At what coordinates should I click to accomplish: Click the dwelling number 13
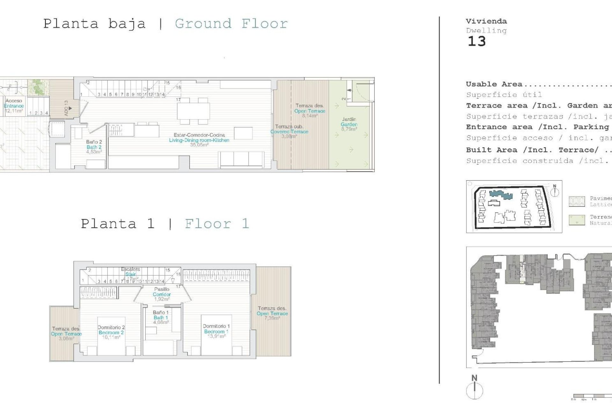477,41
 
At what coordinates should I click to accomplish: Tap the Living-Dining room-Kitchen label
199,140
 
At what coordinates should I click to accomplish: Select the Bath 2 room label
94,147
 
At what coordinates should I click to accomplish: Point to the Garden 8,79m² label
349,124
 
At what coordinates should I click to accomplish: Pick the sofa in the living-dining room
242,159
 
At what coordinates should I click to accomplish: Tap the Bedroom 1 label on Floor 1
216,331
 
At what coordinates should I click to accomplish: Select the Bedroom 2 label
111,332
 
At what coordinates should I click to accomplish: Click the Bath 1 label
161,317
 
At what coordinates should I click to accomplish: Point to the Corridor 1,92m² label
162,294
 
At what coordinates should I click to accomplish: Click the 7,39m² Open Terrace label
272,313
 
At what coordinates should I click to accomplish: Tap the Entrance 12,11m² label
14,106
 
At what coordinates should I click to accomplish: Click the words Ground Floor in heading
231,24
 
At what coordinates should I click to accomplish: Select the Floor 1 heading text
217,224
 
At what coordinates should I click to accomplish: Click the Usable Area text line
494,84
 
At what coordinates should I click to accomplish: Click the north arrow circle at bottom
475,390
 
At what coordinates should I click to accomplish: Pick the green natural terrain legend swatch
577,220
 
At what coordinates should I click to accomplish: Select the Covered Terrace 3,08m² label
289,131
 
